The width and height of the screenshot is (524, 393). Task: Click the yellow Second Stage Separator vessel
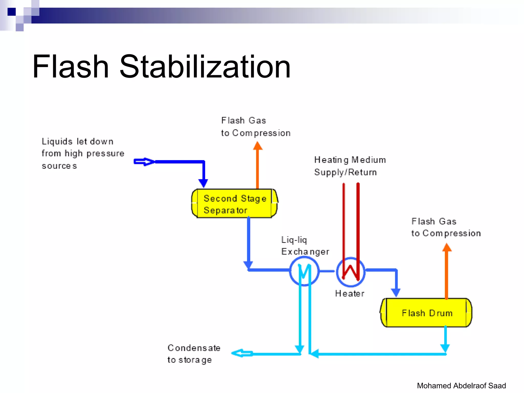click(234, 204)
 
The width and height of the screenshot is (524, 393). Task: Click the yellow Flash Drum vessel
click(426, 313)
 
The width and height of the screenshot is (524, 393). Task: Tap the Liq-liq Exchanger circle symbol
click(304, 271)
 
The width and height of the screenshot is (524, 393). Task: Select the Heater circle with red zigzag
click(351, 272)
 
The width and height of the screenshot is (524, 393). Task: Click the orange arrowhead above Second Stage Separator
click(258, 146)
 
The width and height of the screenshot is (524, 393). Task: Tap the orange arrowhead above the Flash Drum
click(447, 247)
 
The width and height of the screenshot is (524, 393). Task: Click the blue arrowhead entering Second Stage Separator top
click(203, 183)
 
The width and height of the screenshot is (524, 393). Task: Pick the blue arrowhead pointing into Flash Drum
click(396, 292)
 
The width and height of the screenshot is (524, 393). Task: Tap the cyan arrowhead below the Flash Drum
click(445, 348)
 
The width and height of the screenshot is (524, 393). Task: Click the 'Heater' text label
click(350, 293)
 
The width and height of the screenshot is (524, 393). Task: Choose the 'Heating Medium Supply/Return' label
click(350, 166)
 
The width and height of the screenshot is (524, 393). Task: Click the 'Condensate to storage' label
click(194, 354)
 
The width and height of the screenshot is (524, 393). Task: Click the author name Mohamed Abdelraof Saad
click(461, 386)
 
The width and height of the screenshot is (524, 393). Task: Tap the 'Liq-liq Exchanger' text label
click(305, 246)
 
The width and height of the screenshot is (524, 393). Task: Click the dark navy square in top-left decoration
click(12, 12)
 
